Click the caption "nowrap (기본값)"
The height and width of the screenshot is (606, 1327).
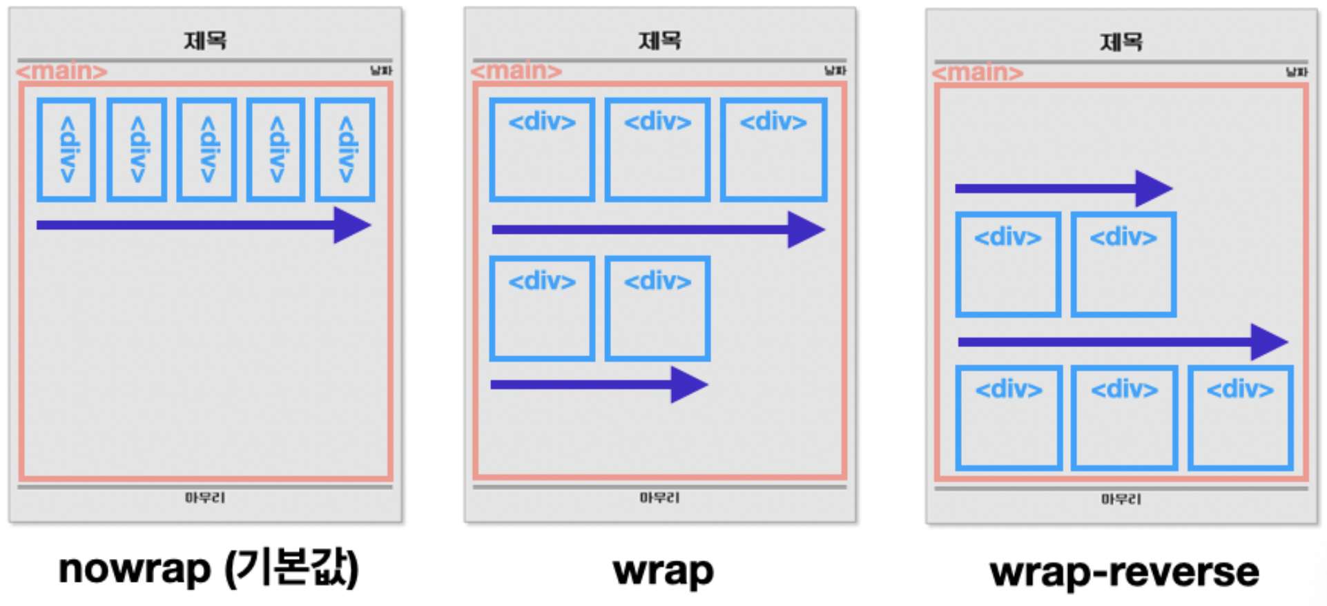[x=209, y=569]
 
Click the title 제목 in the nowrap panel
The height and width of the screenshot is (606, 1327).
[x=205, y=41]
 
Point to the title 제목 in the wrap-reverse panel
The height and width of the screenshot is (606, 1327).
[x=1121, y=42]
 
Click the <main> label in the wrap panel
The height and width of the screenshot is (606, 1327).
[x=516, y=70]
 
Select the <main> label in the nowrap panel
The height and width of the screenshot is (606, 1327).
[x=62, y=70]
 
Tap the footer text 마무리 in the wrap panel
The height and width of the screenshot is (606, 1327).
[x=659, y=498]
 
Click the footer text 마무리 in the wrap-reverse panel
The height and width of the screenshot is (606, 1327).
[x=1121, y=499]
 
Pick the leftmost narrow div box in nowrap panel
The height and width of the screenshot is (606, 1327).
[x=66, y=150]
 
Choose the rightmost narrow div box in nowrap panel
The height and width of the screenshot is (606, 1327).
[x=345, y=150]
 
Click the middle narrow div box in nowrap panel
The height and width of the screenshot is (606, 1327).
[x=206, y=150]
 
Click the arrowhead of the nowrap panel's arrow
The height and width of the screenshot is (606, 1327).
[x=352, y=225]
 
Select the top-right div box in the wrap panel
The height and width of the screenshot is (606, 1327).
[x=774, y=150]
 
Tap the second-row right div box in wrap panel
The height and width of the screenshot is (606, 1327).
[x=658, y=309]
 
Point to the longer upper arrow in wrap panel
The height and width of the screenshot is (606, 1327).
[x=657, y=229]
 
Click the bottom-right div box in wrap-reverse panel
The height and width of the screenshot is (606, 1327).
[x=1240, y=418]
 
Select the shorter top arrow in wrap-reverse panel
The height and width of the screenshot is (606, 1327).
[x=1063, y=188]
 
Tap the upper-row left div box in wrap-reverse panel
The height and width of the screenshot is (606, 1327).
[x=1008, y=265]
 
